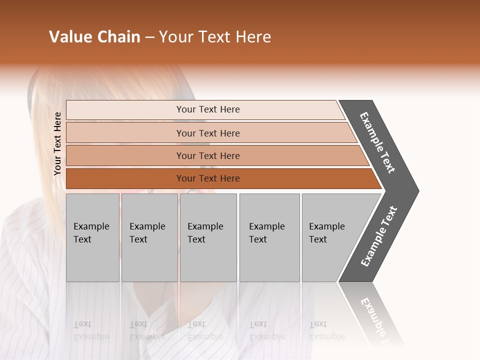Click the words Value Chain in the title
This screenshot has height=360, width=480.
[x=94, y=37]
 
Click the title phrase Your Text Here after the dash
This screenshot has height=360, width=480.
[x=215, y=37]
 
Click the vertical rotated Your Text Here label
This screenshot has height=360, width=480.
[x=57, y=144]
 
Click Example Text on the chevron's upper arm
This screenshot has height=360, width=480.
[x=377, y=142]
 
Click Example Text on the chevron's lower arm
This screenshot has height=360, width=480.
[x=378, y=236]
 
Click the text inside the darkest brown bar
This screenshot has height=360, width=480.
[x=208, y=178]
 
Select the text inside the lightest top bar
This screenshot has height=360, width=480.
[x=208, y=109]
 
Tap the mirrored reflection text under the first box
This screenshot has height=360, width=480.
[x=91, y=330]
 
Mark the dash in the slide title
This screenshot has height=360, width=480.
[x=149, y=37]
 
